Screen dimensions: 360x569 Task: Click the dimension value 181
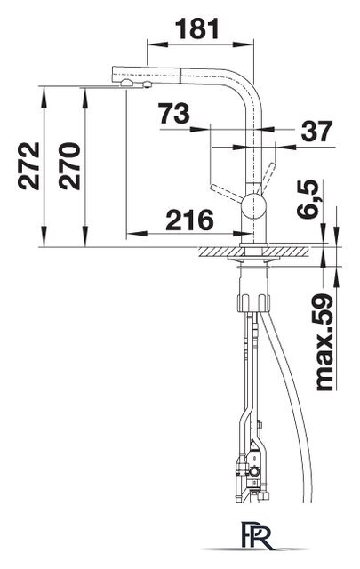(x=198, y=28)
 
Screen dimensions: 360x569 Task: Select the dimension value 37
(x=316, y=131)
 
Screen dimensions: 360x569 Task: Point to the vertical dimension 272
(x=28, y=166)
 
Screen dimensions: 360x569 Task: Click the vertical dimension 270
(x=69, y=166)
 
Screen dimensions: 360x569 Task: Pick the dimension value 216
(x=190, y=220)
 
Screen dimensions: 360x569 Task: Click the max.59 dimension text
(x=324, y=341)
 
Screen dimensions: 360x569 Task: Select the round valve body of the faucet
(x=254, y=205)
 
